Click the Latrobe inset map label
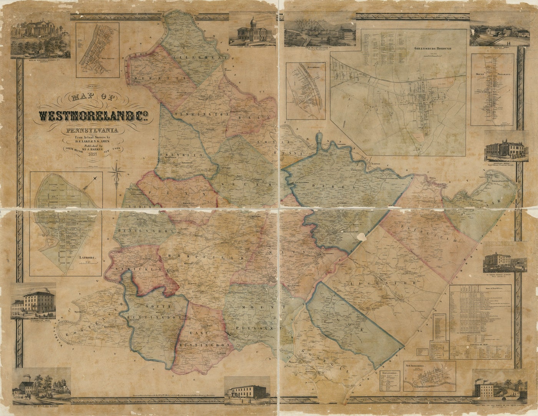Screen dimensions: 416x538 (x=87, y=259)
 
